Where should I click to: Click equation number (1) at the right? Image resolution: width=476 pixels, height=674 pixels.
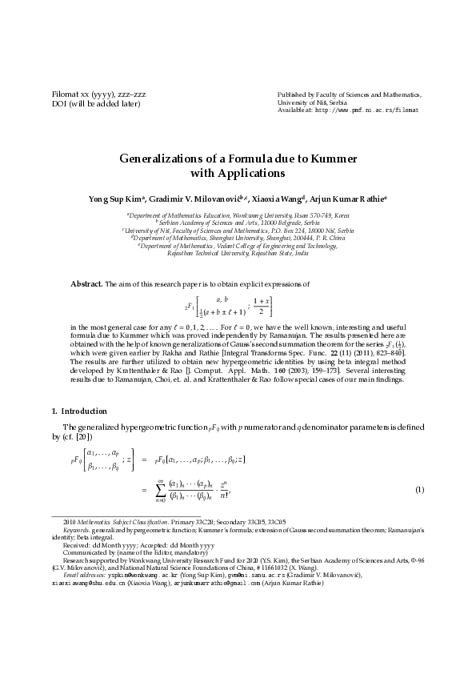pos(419,489)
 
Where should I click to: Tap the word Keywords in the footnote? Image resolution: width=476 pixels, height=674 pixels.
pos(75,530)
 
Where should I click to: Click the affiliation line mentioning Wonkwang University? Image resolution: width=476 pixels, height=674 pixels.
pos(238,215)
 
